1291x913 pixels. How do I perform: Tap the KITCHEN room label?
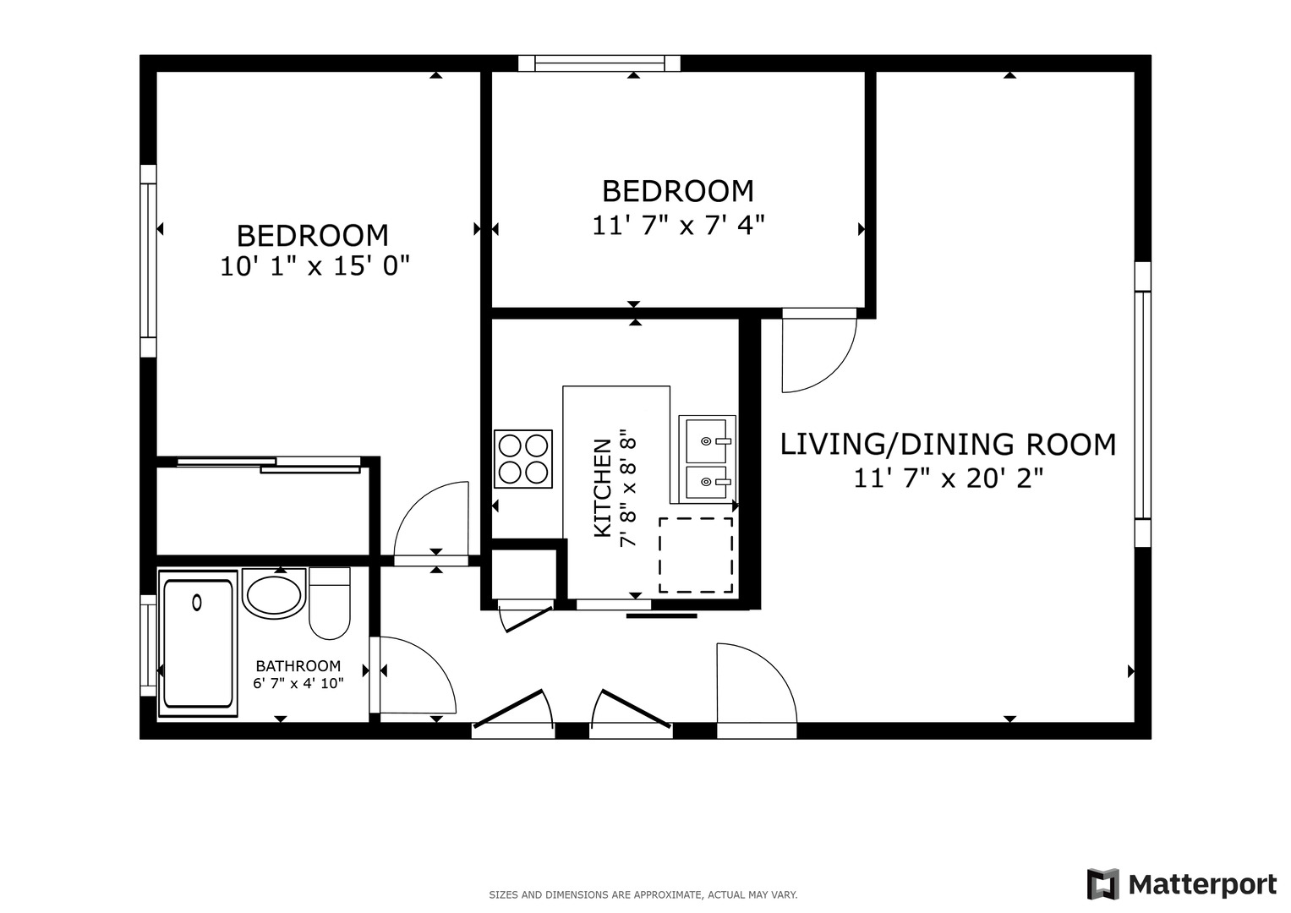coord(602,489)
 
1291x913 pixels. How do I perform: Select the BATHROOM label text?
coord(298,666)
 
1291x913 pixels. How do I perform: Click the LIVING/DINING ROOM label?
coord(948,445)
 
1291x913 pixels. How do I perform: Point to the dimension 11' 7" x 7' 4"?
coord(678,226)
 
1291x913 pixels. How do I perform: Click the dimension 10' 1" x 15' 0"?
coord(315,266)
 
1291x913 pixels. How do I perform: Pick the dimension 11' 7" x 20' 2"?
coord(948,478)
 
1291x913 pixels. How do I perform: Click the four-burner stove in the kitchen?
coord(523,459)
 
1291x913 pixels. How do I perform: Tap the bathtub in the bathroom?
coord(198,643)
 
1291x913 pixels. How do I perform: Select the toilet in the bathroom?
coord(330,603)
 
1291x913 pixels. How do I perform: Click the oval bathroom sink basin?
coord(274,594)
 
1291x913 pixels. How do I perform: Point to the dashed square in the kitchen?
coord(696,555)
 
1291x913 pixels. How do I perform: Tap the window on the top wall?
coord(599,63)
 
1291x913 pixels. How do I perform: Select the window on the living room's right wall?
coord(1143,405)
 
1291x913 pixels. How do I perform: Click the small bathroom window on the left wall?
coord(148,646)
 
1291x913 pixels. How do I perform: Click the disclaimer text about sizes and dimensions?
coord(643,895)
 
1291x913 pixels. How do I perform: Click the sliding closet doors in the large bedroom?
coord(269,465)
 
